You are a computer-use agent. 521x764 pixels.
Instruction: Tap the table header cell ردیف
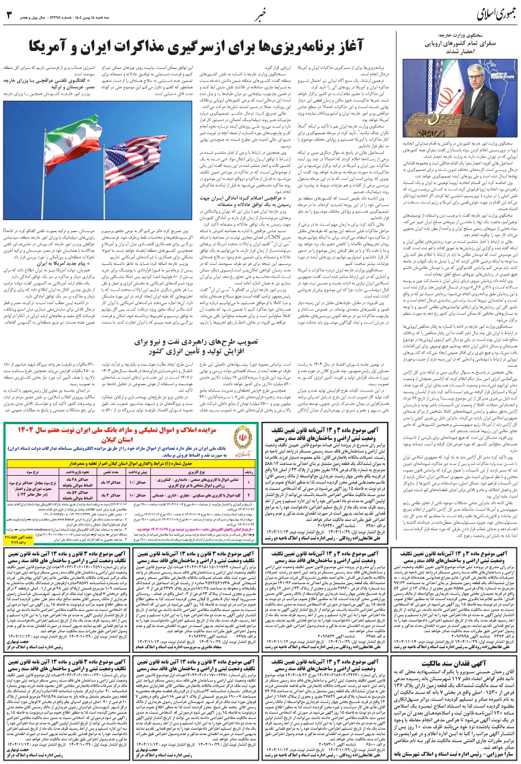click(248, 488)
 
